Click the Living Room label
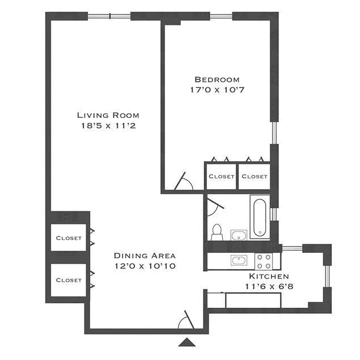click(108, 115)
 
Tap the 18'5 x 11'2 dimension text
click(106, 126)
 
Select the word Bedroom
click(214, 79)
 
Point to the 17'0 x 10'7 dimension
click(214, 90)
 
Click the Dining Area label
click(144, 255)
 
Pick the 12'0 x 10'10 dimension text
click(144, 266)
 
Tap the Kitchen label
click(269, 276)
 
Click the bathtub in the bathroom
click(260, 217)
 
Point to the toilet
click(217, 232)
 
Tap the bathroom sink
click(238, 235)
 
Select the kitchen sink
click(238, 260)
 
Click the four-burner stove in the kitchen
click(264, 260)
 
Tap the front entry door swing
click(185, 321)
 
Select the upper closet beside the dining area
click(69, 238)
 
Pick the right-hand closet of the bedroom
click(254, 176)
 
